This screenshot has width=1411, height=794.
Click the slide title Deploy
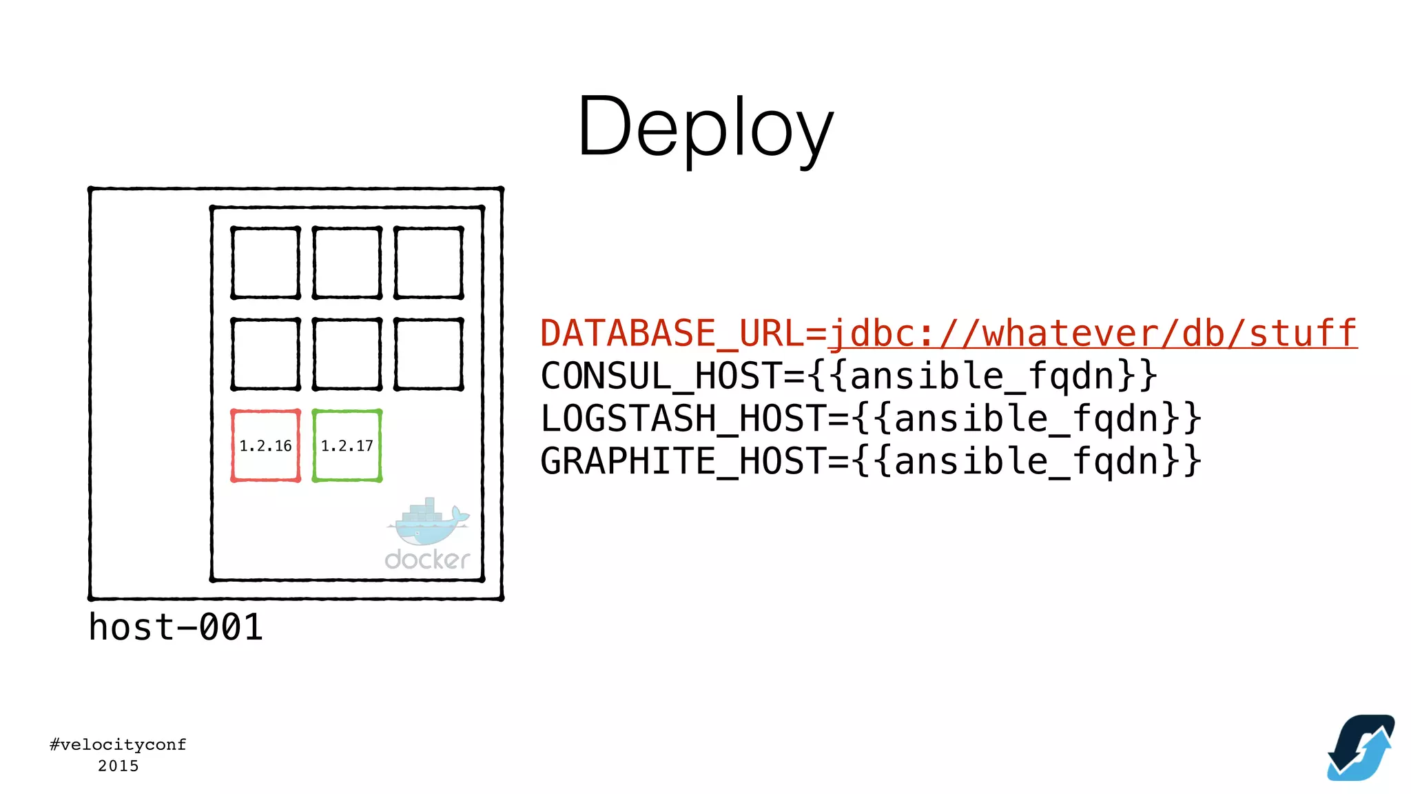pos(705,128)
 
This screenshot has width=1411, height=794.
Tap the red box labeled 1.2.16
pos(265,446)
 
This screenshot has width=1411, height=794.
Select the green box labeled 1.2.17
pos(347,446)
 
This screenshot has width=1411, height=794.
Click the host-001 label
pos(176,627)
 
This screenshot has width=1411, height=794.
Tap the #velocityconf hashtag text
pos(118,744)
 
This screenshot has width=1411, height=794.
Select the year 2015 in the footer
pos(118,766)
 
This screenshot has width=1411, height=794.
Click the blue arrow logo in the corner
pos(1361,748)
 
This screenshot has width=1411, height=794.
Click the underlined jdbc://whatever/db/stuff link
pos(1092,334)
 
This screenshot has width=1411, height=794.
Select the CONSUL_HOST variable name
pos(661,376)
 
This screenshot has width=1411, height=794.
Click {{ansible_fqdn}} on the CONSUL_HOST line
pos(982,376)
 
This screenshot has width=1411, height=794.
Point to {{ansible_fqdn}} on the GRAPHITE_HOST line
pos(1027,461)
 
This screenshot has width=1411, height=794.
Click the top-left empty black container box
pos(265,263)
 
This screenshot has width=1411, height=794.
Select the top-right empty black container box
pos(429,263)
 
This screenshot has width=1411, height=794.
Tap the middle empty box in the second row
pos(347,354)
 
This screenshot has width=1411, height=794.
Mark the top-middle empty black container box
pos(347,263)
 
